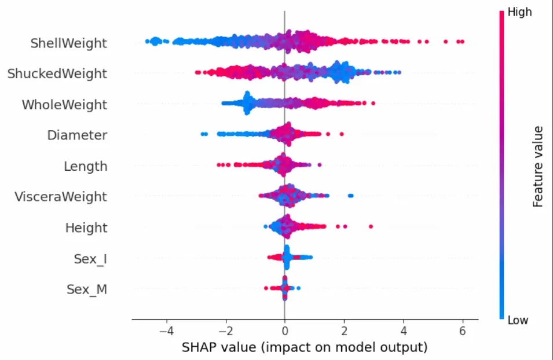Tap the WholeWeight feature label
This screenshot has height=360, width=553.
click(x=64, y=105)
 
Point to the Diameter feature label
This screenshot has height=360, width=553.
click(x=77, y=135)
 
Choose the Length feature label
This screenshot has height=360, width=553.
click(x=85, y=167)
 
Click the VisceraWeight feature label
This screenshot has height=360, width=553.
click(x=60, y=197)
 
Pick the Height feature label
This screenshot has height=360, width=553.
click(x=86, y=228)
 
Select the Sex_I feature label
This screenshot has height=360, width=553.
click(x=90, y=259)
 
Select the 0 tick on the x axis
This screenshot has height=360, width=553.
click(x=284, y=331)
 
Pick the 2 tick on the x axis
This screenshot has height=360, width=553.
click(x=344, y=331)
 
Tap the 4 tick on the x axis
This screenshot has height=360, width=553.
click(x=404, y=331)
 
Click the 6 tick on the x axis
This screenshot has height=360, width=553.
click(x=463, y=331)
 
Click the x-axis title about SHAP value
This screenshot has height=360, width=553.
click(x=305, y=347)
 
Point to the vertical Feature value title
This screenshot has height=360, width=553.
click(x=537, y=166)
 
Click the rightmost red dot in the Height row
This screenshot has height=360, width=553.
click(x=371, y=226)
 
